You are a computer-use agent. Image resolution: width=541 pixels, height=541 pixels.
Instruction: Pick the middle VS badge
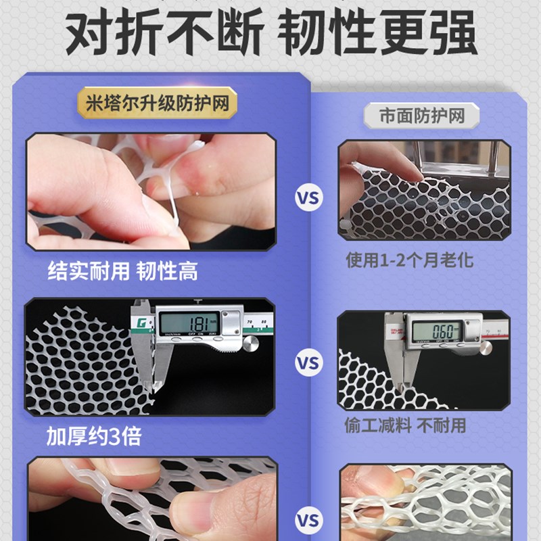(307, 363)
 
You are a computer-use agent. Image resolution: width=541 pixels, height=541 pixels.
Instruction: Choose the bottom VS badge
(307, 520)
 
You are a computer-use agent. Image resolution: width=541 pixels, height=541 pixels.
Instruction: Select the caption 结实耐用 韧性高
(122, 271)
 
